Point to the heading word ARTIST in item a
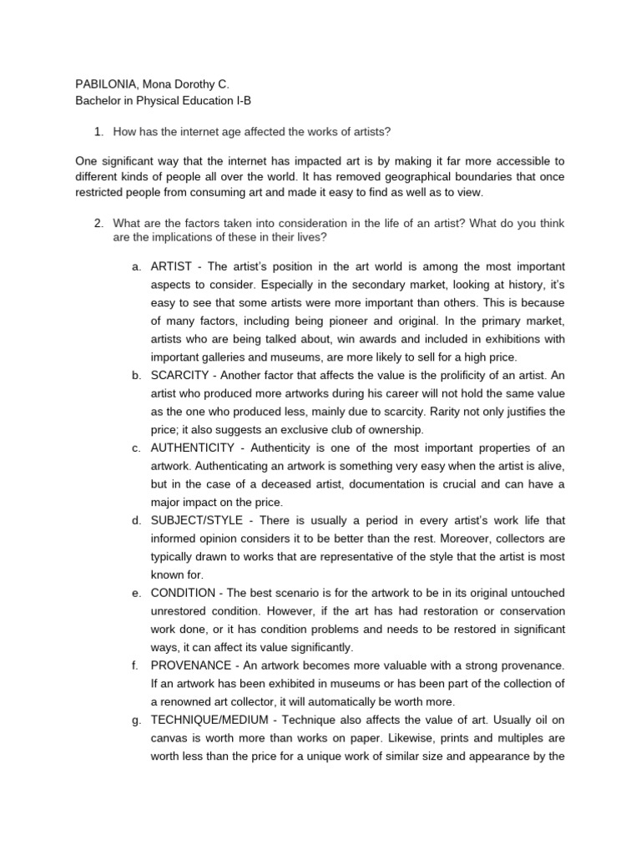[x=171, y=266]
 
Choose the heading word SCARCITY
[x=181, y=375]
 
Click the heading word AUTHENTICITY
[x=193, y=448]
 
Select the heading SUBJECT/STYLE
[x=195, y=520]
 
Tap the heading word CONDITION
[x=183, y=593]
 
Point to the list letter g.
[x=136, y=721]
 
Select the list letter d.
[x=136, y=520]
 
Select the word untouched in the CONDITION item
[x=535, y=593]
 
